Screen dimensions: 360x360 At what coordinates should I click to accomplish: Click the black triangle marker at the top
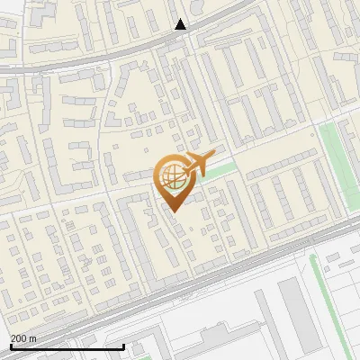pyautogui.click(x=180, y=24)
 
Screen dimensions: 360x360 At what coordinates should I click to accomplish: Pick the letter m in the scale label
pyautogui.click(x=33, y=338)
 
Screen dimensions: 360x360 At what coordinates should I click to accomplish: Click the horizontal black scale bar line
pyautogui.click(x=67, y=346)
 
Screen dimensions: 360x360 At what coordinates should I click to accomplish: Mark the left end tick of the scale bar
pyautogui.click(x=10, y=346)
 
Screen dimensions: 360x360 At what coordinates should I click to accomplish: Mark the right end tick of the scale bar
pyautogui.click(x=123, y=346)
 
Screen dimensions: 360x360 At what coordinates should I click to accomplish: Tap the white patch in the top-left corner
pyautogui.click(x=13, y=9)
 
